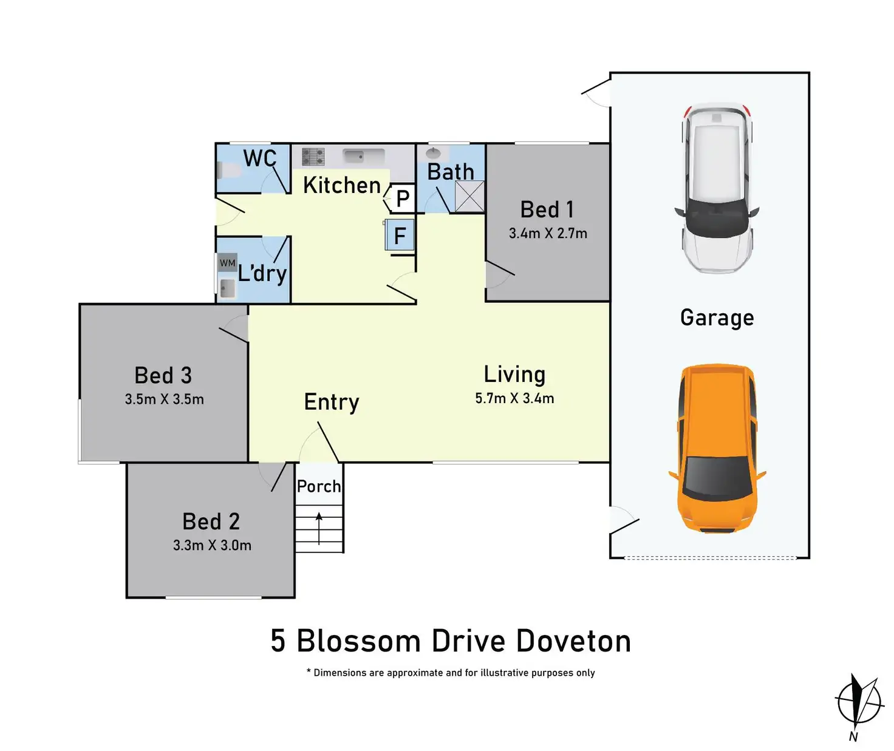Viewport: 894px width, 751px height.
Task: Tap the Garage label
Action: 717,318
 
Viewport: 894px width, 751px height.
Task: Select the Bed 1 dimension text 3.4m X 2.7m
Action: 548,234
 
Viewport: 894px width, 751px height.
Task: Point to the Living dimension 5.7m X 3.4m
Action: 514,399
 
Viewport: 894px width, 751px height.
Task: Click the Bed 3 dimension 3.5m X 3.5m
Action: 164,399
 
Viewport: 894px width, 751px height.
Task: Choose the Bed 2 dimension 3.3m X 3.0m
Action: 212,545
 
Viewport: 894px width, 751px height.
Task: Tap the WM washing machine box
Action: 227,263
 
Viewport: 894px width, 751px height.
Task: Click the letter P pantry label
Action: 403,199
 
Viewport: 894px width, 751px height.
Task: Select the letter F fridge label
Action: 400,236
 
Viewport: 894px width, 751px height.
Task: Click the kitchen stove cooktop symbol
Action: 313,157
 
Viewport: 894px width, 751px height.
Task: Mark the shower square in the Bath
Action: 469,196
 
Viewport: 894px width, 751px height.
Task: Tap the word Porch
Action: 319,486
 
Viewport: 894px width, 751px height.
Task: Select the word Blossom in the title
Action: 358,641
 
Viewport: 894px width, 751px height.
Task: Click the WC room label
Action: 260,158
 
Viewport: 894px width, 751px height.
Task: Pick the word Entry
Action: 332,402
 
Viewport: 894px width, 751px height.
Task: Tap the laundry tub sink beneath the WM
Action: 227,288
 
